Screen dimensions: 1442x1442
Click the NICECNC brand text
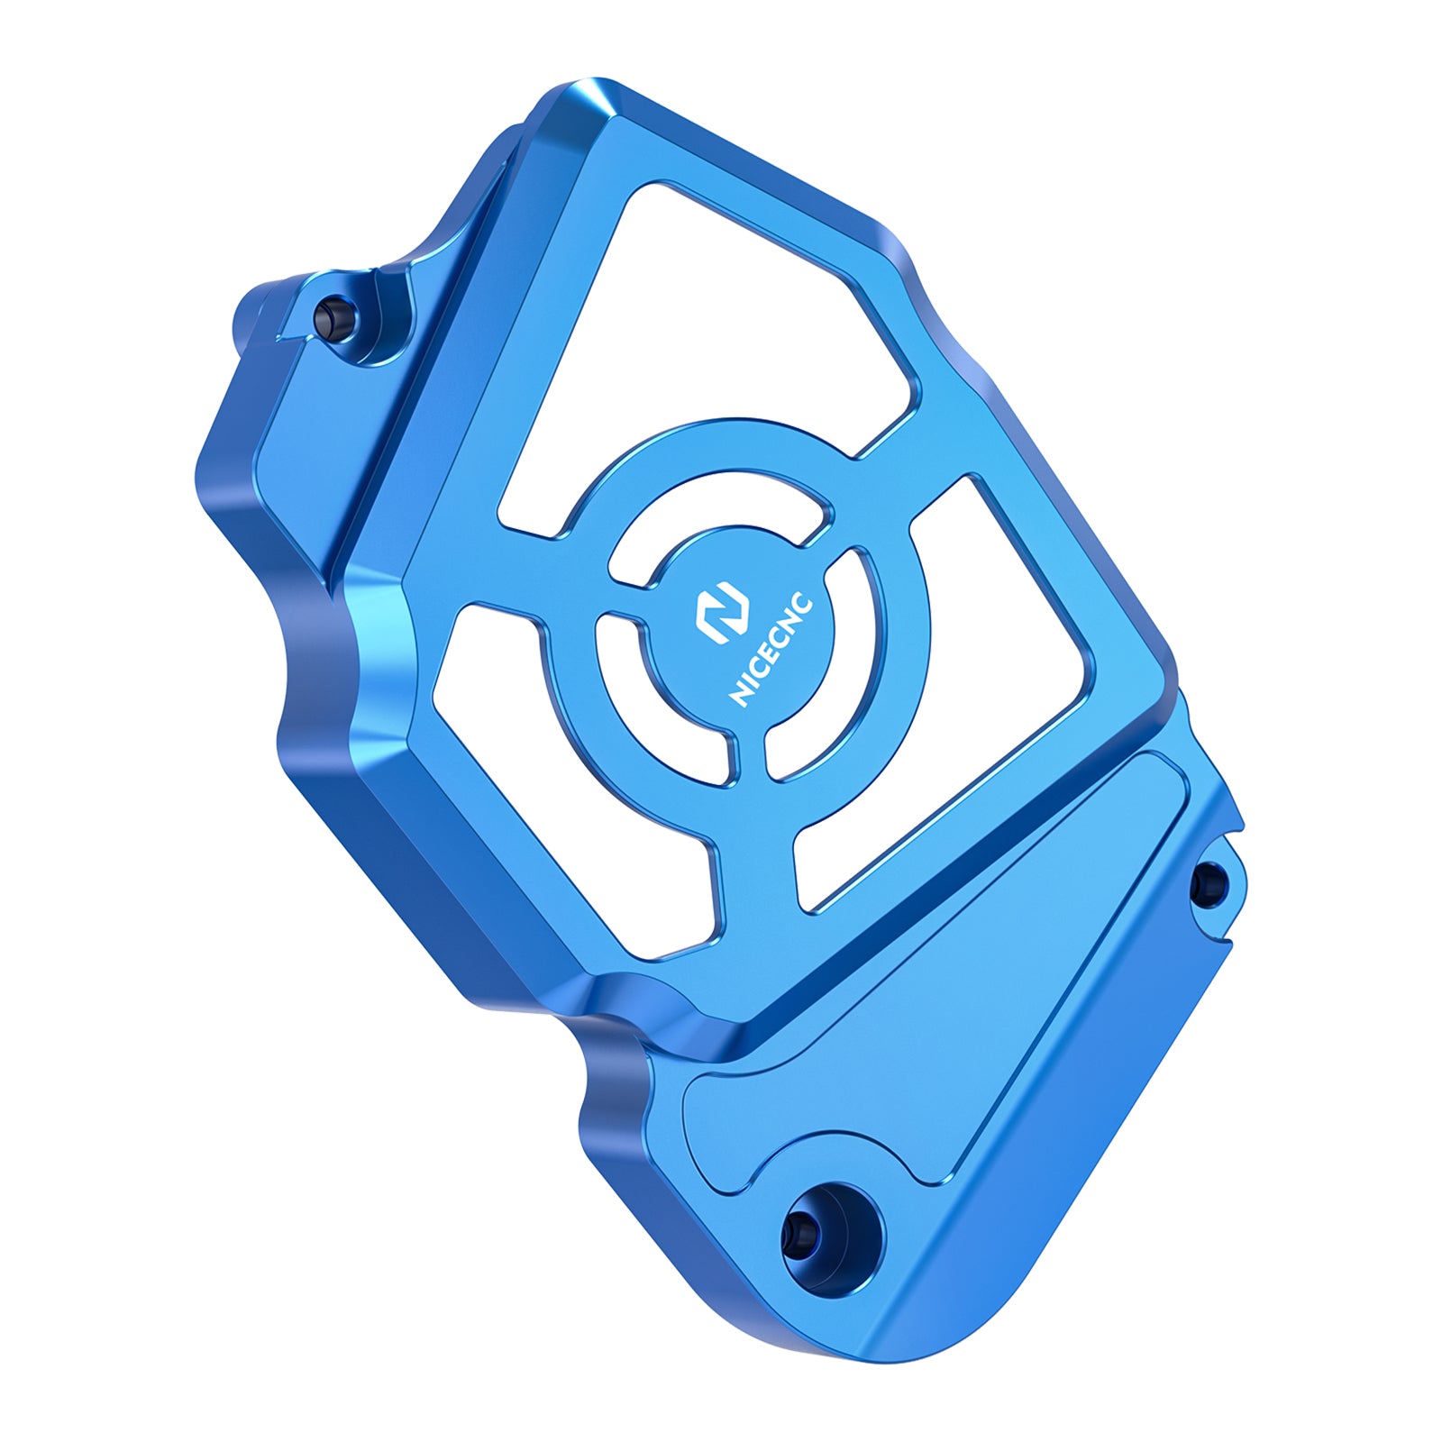coord(771,651)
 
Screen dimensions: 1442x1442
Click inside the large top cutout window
coord(712,342)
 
